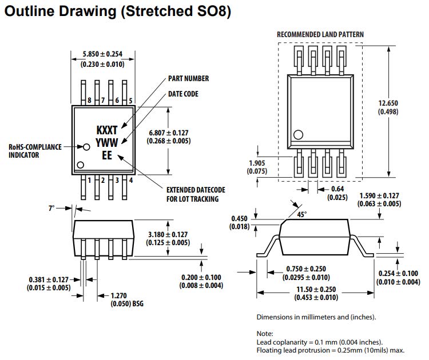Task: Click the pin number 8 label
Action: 89,101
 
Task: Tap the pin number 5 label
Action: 131,101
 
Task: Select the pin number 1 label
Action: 89,181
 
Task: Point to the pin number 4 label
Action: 131,181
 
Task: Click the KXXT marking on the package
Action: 107,131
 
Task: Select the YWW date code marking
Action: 107,143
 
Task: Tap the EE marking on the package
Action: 107,155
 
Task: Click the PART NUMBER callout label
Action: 188,78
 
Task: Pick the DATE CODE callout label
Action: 183,94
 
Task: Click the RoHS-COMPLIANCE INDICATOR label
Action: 35,151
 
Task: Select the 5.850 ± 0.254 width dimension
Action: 102,54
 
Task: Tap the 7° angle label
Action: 51,209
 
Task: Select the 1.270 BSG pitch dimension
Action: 119,296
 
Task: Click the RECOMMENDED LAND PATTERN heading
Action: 320,34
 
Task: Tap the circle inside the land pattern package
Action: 298,135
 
